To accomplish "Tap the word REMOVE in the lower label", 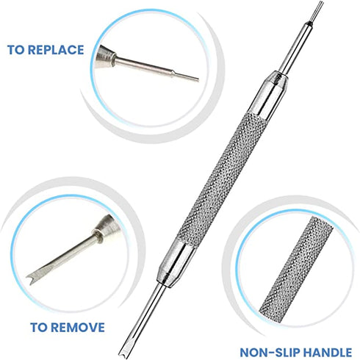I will (x=78, y=326).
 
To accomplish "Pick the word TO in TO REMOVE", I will (x=39, y=326).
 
